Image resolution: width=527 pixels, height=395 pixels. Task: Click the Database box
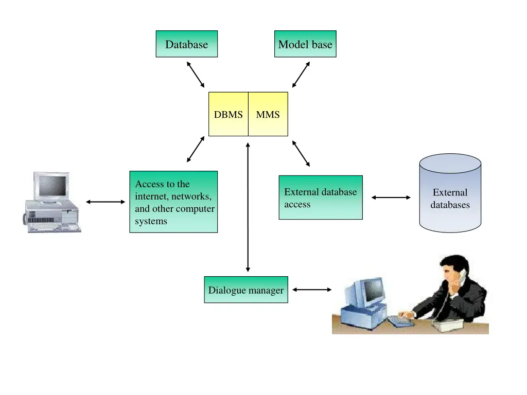(x=186, y=44)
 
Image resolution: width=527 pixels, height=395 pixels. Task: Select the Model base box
(x=305, y=44)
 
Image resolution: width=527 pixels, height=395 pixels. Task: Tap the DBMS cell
(x=228, y=114)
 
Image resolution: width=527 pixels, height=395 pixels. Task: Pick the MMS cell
(x=268, y=114)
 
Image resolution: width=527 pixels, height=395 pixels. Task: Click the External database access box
(x=320, y=197)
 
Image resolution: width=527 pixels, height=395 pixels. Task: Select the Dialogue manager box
(x=245, y=290)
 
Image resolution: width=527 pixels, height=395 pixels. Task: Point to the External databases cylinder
(x=450, y=195)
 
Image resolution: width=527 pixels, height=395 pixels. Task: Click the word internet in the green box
(x=152, y=196)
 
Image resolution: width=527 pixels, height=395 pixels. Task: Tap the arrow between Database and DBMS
(x=196, y=75)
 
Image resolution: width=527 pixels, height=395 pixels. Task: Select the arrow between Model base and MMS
(x=301, y=75)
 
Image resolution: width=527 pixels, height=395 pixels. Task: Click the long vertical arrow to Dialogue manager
(x=248, y=206)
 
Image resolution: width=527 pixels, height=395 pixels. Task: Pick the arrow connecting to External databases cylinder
(x=391, y=197)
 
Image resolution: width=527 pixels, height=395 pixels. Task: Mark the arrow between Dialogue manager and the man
(x=312, y=290)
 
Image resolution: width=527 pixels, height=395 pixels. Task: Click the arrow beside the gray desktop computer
(x=106, y=202)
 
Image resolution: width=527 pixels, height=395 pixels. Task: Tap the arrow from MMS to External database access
(x=301, y=153)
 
